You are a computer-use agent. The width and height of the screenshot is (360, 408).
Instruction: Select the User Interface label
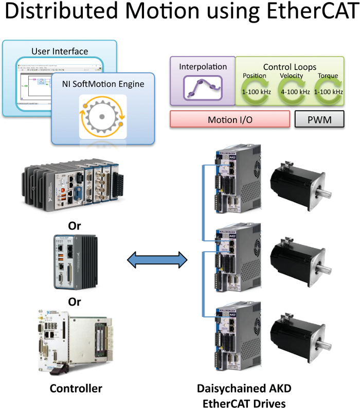59,51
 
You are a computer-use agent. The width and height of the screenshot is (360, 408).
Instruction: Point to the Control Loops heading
290,67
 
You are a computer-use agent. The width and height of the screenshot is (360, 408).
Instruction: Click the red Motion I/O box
229,120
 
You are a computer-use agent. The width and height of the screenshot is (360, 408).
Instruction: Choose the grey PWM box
319,120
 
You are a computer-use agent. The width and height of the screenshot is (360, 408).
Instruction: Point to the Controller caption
76,388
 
